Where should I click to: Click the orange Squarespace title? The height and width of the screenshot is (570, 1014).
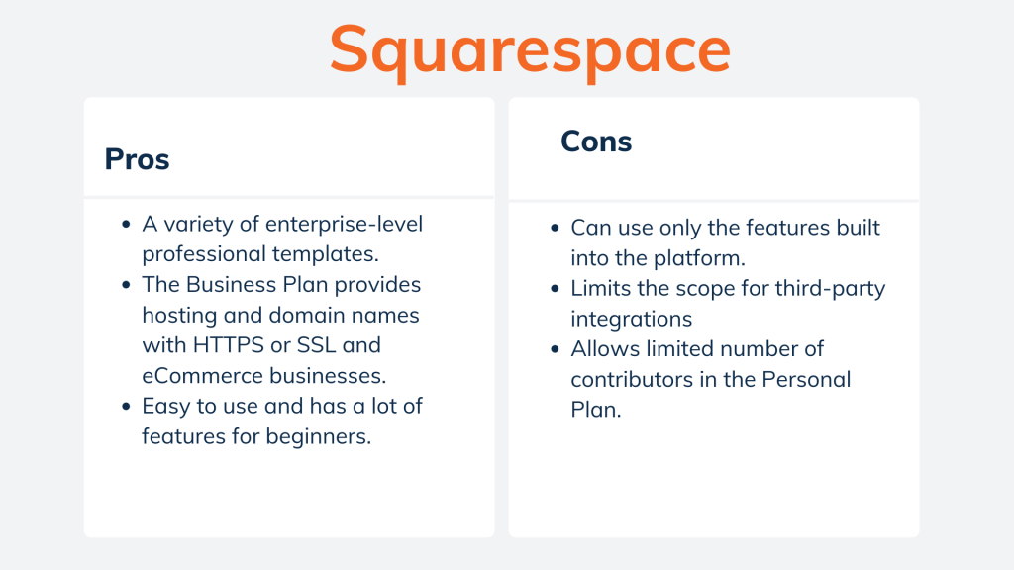click(530, 49)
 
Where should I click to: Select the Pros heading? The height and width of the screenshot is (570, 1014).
click(137, 159)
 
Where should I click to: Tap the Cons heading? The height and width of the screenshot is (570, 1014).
click(596, 142)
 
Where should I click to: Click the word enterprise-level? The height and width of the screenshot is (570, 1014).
click(344, 224)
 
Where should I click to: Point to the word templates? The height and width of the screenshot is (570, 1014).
click(329, 253)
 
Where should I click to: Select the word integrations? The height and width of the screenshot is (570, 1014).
click(630, 320)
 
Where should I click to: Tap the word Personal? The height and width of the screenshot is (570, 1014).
click(801, 380)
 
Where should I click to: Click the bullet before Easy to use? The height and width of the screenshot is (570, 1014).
click(126, 406)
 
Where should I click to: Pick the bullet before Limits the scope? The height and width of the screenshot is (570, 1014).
click(555, 290)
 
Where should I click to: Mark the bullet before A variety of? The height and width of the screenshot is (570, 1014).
click(126, 225)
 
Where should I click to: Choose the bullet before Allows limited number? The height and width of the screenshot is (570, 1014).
click(555, 350)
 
